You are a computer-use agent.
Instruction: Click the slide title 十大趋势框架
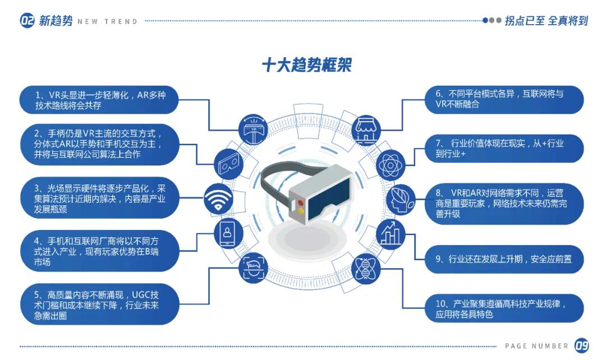pos(307,65)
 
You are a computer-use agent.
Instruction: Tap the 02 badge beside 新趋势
pos(27,21)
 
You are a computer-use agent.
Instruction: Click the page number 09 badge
pos(581,345)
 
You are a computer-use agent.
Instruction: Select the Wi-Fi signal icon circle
pos(218,199)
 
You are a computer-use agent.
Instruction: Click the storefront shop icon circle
pos(366,130)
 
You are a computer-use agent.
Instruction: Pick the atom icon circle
pos(391,165)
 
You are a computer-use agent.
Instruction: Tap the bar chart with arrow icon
pos(391,234)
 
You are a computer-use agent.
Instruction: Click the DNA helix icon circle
pos(366,269)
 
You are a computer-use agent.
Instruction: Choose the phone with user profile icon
pos(228,234)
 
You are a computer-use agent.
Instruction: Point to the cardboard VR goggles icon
pos(228,164)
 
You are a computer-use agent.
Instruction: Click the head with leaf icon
pos(401,199)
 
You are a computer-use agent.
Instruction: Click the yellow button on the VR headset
pos(301,211)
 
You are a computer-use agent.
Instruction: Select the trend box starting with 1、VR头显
pos(99,100)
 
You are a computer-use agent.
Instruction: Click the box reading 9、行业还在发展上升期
pos(503,259)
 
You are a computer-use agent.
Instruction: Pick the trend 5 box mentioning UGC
pos(99,304)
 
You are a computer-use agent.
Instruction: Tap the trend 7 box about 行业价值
pos(503,149)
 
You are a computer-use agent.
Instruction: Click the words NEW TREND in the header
pos(107,22)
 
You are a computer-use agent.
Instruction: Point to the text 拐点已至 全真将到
pos(546,21)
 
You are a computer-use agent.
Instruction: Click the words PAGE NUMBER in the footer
pos(536,346)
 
